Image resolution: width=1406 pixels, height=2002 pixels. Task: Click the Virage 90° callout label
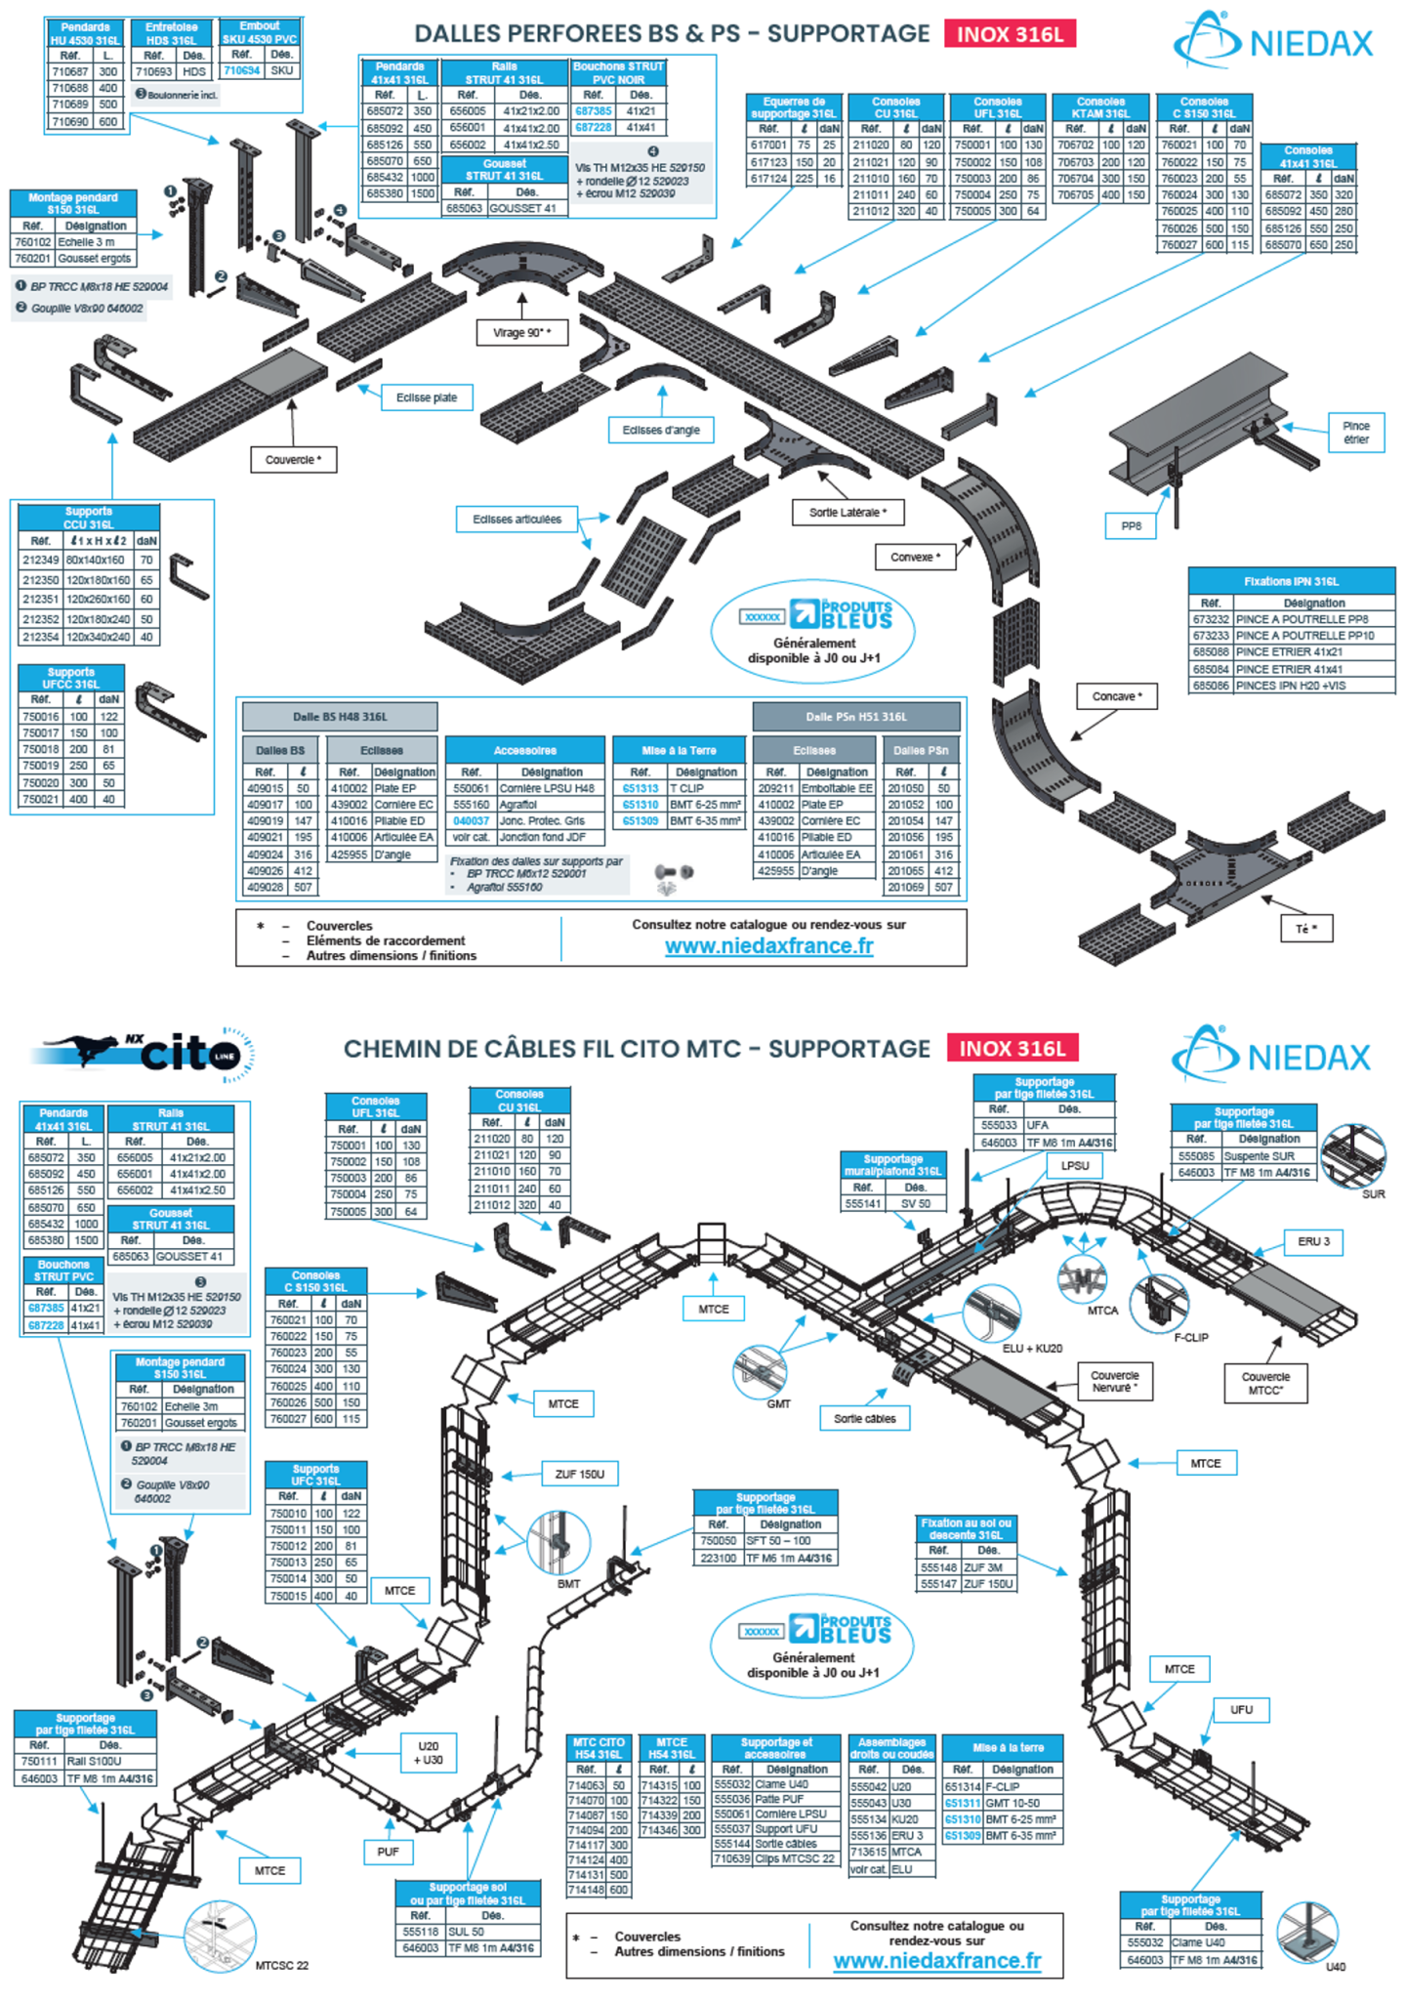coord(521,333)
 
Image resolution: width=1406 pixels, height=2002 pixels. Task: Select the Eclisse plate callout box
coord(427,397)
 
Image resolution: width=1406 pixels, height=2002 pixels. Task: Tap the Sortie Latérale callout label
coord(848,513)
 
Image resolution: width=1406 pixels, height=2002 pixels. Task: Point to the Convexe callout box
coord(915,557)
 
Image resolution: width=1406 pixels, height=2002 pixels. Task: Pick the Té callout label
coord(1306,929)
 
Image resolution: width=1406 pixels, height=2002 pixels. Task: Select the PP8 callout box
coord(1131,525)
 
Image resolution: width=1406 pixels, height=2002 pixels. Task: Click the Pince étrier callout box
coord(1356,433)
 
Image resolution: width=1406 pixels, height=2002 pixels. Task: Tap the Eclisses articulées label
coord(517,520)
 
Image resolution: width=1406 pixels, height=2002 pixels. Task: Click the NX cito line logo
coord(146,1055)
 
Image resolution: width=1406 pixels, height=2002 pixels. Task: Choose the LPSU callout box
coord(1074,1165)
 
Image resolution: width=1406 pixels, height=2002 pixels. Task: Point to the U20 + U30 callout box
coord(429,1753)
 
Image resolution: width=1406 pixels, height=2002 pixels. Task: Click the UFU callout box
coord(1241,1709)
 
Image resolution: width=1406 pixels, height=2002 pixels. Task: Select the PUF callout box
coord(388,1852)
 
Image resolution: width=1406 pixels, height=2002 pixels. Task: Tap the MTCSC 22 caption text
coord(281,1965)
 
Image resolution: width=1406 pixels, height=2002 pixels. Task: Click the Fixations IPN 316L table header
coord(1291,581)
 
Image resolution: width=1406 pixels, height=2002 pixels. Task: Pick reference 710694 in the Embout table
coord(241,70)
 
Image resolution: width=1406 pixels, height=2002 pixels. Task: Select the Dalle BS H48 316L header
coord(340,717)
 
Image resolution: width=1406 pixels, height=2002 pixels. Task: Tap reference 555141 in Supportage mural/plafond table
coord(863,1203)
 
